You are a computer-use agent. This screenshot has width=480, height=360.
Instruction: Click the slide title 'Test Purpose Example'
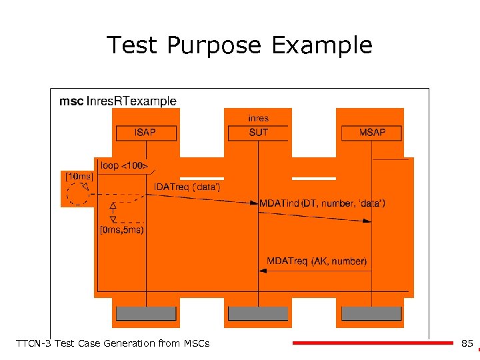click(239, 45)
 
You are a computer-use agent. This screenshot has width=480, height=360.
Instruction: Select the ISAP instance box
click(145, 133)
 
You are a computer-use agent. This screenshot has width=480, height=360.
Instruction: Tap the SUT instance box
click(258, 133)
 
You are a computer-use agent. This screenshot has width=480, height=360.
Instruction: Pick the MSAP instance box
click(372, 133)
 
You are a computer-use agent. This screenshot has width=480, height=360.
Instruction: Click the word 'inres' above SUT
click(258, 119)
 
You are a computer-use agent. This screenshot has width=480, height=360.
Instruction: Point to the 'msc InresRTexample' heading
click(118, 101)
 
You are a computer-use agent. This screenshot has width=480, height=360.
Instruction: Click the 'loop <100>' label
click(124, 165)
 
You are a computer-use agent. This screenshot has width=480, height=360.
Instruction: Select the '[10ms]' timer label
click(78, 176)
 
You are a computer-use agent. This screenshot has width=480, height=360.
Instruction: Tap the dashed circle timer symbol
click(78, 194)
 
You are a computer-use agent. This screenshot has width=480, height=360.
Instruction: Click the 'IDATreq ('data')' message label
click(187, 187)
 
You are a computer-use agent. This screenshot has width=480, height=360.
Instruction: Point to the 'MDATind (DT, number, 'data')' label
click(322, 203)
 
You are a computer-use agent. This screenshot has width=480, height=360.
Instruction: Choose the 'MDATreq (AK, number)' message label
click(317, 261)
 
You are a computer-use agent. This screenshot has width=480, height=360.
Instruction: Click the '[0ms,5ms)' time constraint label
click(121, 231)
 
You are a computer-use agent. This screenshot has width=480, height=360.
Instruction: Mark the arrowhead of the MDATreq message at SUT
click(262, 271)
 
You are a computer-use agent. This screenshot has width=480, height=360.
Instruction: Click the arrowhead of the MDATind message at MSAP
click(367, 221)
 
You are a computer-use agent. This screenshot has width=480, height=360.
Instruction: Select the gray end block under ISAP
click(146, 313)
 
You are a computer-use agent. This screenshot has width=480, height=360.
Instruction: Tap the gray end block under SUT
click(258, 313)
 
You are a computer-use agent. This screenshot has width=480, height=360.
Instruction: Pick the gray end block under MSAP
click(372, 313)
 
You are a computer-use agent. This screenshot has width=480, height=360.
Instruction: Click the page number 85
click(467, 343)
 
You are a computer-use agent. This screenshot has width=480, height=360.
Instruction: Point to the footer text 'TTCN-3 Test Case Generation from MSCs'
click(112, 343)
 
